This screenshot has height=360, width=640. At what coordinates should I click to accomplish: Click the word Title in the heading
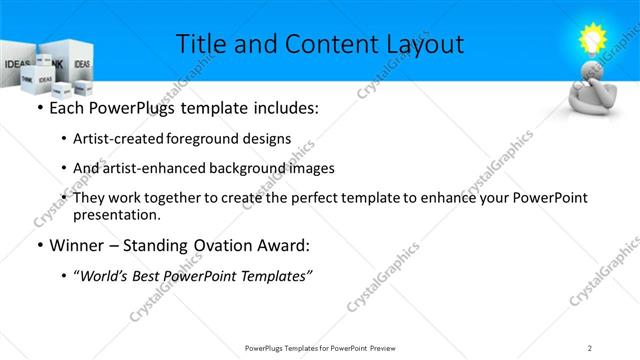pos(198,44)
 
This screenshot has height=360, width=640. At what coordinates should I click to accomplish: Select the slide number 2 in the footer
pos(590,347)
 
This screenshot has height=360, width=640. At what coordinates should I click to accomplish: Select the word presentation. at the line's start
pos(116,215)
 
